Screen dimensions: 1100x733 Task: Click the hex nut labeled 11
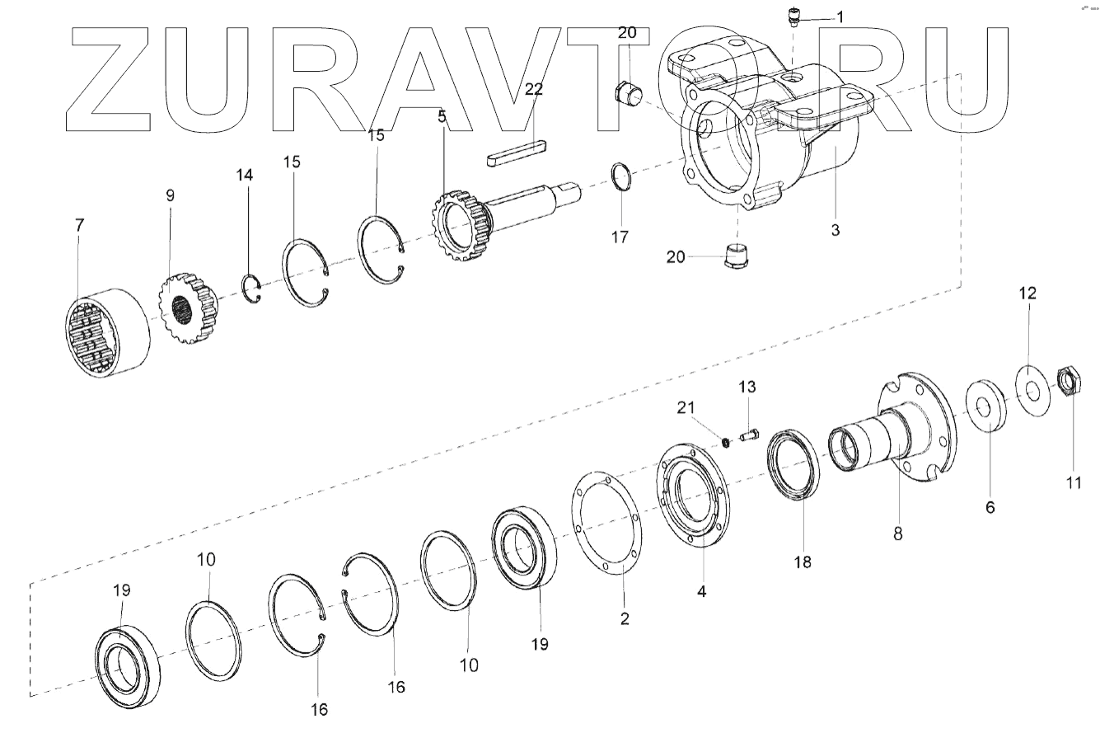pos(1070,381)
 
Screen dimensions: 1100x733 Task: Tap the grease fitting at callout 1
pos(793,16)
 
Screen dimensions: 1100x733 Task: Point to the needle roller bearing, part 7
pos(107,332)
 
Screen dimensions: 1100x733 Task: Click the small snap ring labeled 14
pos(255,289)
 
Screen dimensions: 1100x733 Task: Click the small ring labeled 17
pos(624,177)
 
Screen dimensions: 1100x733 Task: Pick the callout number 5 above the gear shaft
pos(442,116)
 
